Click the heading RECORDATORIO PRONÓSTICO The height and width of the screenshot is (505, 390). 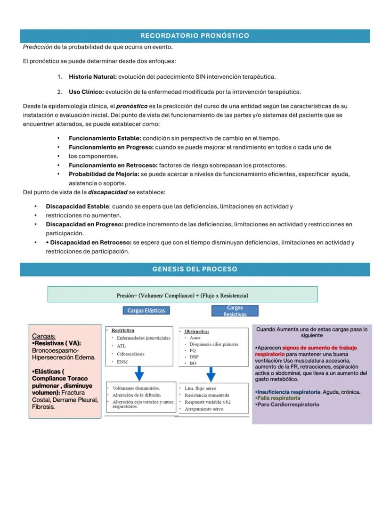(x=195, y=36)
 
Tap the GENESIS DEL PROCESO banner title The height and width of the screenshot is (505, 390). (x=195, y=269)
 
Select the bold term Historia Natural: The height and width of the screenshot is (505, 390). (x=92, y=76)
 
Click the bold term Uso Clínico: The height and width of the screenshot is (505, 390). (x=86, y=91)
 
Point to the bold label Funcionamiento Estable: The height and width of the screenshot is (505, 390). (x=105, y=138)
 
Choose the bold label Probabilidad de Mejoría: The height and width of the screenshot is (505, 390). (x=104, y=174)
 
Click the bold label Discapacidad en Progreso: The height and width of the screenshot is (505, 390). (x=84, y=224)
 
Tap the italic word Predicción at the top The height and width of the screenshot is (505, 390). (x=37, y=47)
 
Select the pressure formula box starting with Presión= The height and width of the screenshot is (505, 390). (x=182, y=295)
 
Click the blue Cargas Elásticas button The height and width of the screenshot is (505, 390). (x=146, y=311)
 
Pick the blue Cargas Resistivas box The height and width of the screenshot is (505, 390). (x=235, y=311)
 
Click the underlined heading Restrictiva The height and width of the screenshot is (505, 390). (x=122, y=331)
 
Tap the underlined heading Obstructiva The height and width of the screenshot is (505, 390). (x=196, y=331)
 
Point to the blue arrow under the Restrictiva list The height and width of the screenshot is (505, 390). (x=139, y=373)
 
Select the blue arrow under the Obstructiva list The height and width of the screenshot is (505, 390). (x=211, y=374)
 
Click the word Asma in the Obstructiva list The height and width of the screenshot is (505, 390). (x=195, y=338)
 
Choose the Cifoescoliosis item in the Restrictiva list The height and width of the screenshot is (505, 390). (x=130, y=354)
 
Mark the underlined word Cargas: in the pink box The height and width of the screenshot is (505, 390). (x=44, y=336)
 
